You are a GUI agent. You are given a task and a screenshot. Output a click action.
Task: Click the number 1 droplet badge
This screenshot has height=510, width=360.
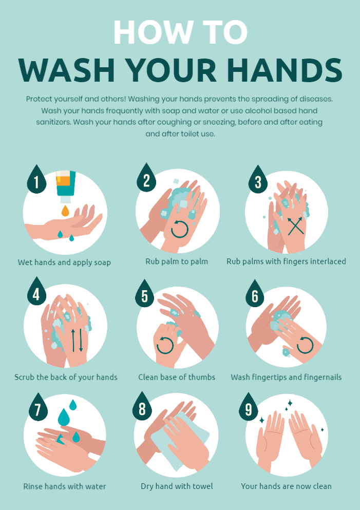[36, 180]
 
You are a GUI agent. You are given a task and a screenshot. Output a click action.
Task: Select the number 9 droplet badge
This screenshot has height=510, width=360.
[249, 408]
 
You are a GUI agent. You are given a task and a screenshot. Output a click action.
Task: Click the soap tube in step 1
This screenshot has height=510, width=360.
[65, 184]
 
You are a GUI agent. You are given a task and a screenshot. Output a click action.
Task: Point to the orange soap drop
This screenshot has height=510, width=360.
[65, 211]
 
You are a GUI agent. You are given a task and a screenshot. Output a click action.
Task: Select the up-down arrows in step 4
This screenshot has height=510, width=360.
[77, 340]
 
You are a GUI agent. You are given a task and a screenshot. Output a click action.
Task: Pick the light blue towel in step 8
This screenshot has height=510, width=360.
[180, 441]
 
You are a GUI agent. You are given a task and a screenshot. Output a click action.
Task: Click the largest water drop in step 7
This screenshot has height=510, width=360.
[64, 417]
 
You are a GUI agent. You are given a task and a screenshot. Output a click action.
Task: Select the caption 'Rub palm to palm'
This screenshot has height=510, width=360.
[177, 261]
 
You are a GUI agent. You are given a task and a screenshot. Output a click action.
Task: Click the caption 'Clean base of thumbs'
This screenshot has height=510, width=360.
[177, 377]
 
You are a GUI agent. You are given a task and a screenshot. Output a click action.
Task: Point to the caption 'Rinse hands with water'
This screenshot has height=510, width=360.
[65, 486]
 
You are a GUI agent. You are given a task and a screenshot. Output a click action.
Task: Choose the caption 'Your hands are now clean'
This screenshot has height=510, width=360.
[286, 486]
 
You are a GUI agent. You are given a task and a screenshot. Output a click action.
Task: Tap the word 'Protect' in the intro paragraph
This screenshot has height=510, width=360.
[39, 99]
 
